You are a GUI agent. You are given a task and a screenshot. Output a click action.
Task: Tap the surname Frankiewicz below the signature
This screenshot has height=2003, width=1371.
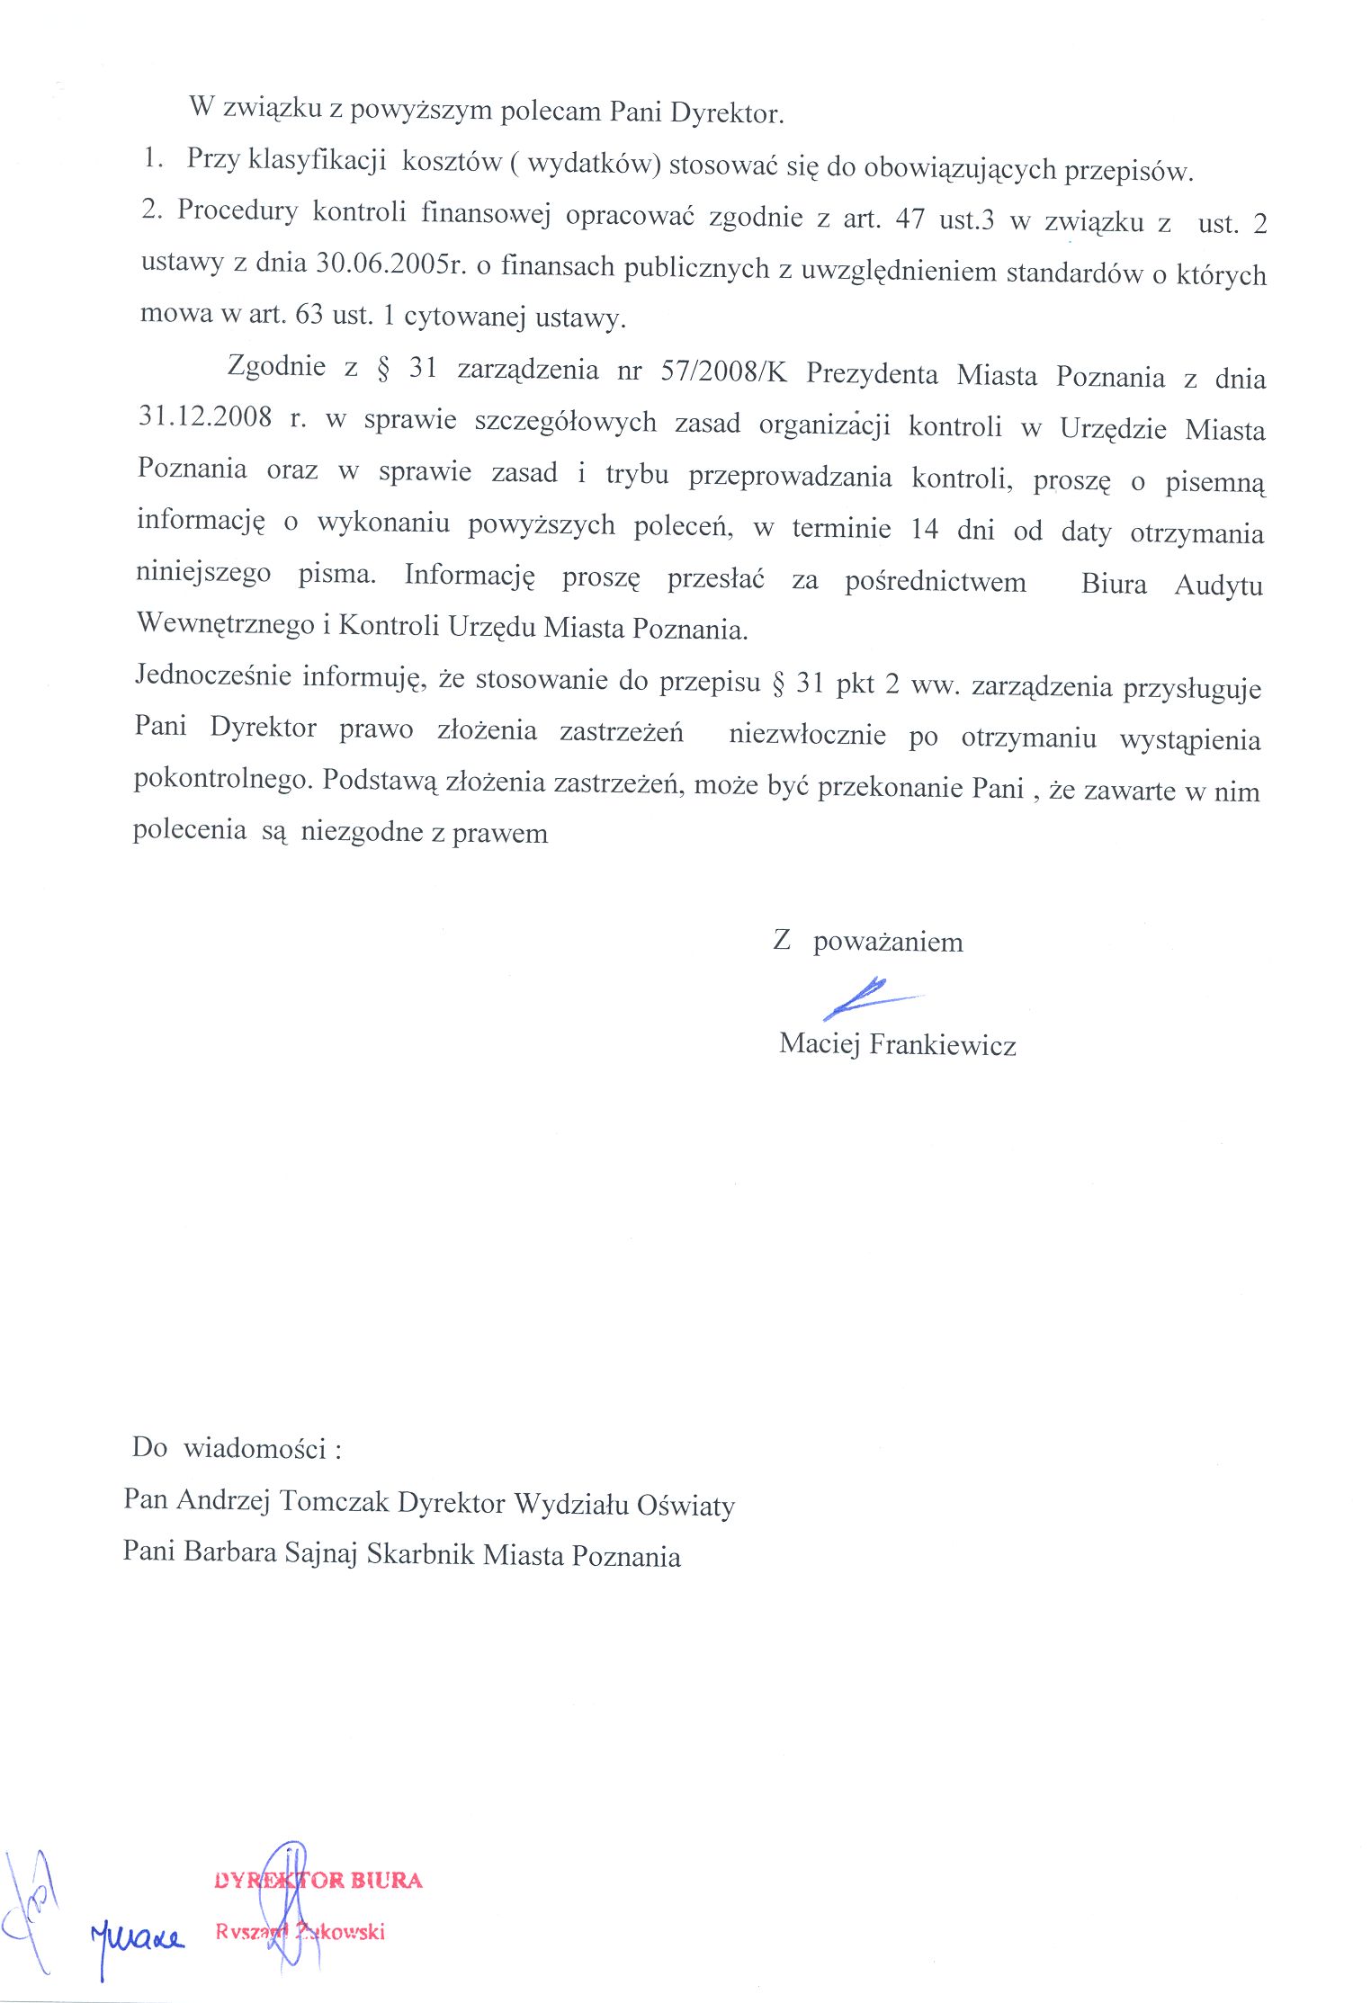click(x=943, y=1045)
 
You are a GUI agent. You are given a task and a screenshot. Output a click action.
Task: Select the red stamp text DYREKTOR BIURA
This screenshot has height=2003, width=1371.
click(x=318, y=1880)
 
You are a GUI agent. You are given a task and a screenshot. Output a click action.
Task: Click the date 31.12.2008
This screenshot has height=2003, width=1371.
click(x=205, y=416)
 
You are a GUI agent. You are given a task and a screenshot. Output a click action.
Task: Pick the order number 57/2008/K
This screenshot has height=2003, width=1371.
click(x=723, y=371)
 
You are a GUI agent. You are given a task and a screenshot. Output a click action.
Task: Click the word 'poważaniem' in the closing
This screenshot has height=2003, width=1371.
click(x=888, y=943)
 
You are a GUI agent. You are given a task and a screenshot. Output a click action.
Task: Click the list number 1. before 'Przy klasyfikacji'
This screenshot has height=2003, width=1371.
click(x=154, y=158)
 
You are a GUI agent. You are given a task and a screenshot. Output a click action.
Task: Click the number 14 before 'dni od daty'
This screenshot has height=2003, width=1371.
click(x=924, y=529)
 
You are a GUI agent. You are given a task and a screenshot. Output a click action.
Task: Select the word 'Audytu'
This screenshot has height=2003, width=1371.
click(x=1218, y=586)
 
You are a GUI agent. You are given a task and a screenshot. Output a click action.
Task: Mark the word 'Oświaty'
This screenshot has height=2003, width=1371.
click(x=685, y=1505)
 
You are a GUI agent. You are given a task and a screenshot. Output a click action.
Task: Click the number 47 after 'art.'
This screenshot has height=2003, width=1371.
click(x=910, y=219)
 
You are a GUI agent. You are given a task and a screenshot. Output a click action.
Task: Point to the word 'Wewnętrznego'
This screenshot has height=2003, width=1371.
click(x=225, y=624)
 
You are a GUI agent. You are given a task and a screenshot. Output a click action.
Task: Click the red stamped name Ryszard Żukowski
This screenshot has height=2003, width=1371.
click(x=300, y=1931)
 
